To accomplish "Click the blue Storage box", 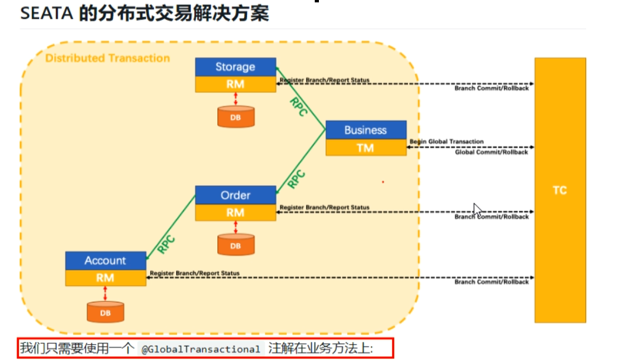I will pos(235,67).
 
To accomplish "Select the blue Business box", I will pos(365,130).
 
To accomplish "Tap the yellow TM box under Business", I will pos(365,147).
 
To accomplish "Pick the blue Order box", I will pos(235,195).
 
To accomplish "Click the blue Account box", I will pos(105,260).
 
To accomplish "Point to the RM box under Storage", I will pos(235,84).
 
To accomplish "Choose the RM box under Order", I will pos(235,212).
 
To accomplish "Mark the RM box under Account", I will pos(105,277).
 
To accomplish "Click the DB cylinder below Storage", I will pos(235,117).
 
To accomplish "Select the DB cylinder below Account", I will pos(105,311).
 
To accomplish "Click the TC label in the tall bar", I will pos(559,191).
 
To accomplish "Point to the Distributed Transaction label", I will pos(107,58).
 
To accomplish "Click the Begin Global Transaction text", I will pos(447,141).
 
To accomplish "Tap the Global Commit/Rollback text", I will pos(491,152).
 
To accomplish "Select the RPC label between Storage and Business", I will pos(298,107).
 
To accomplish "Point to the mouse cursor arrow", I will pos(476,209).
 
